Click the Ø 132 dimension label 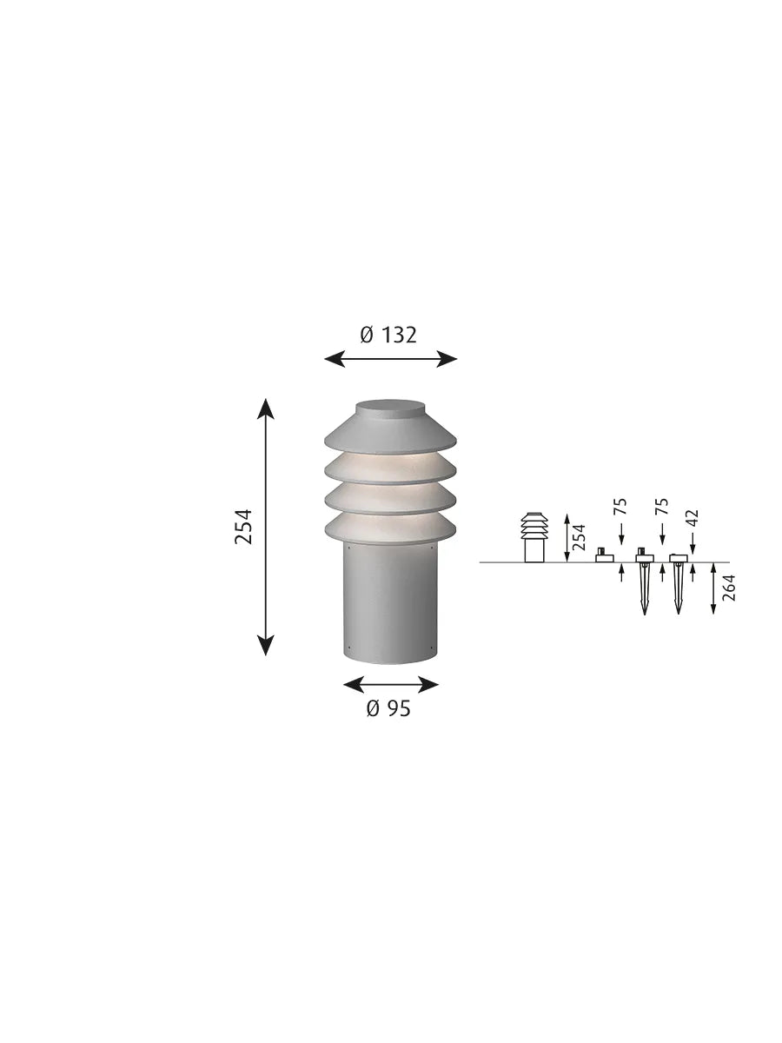[388, 335]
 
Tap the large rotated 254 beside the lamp [243, 527]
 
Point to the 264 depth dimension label [728, 588]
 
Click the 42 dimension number [693, 517]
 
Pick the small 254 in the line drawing [579, 537]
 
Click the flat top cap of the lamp [391, 409]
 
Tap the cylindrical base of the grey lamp [391, 602]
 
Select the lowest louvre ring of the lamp [391, 528]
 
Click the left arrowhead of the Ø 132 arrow [335, 359]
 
